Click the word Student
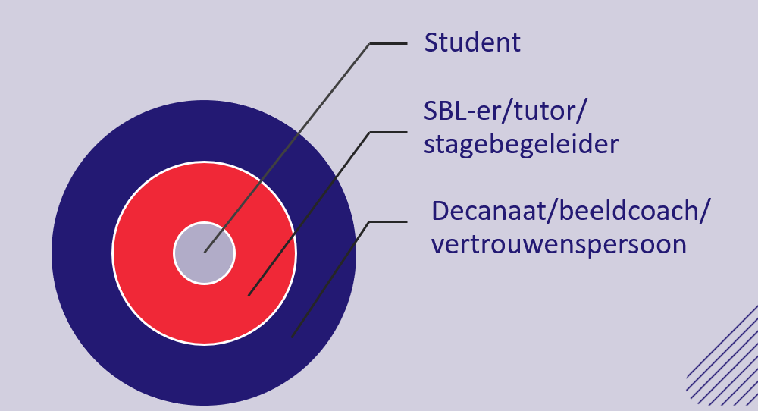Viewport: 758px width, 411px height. [472, 42]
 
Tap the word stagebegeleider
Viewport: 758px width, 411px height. [522, 145]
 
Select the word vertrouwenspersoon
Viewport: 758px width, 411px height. [559, 244]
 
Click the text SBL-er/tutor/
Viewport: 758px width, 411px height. [505, 111]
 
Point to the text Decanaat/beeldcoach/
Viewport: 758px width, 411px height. [571, 211]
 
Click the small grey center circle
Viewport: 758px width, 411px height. [205, 253]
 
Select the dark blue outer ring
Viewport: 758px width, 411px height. [82, 253]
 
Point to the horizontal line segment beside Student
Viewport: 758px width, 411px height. [388, 43]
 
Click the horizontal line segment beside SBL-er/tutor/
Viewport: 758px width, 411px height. [388, 132]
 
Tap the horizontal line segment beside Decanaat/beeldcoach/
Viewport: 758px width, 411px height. [388, 222]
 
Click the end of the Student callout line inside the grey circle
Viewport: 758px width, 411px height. [205, 252]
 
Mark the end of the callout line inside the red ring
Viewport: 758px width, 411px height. [249, 295]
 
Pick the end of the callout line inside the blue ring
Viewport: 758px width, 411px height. [292, 337]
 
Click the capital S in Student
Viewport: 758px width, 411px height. [431, 42]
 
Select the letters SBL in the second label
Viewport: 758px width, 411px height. [446, 111]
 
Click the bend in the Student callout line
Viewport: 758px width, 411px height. [370, 43]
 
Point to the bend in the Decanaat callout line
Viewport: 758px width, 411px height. [370, 222]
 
